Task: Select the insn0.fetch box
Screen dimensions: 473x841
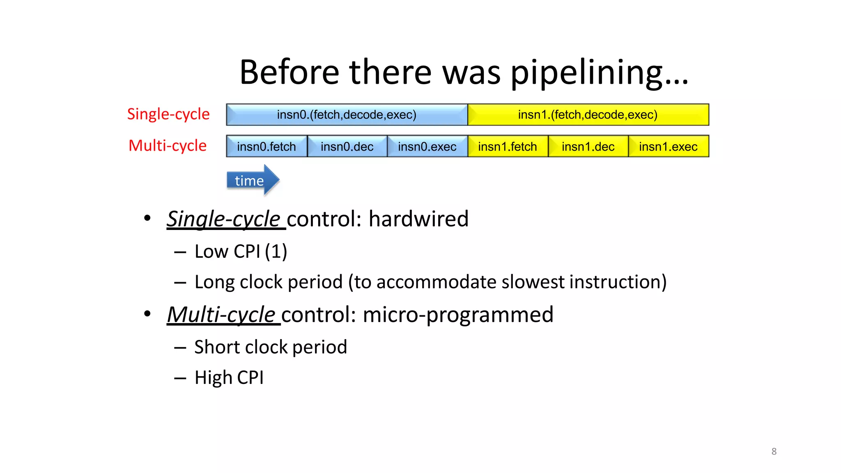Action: pos(267,147)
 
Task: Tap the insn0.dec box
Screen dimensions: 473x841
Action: pos(347,147)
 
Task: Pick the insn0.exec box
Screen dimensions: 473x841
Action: pos(427,147)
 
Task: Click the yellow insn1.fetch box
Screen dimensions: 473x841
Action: pos(508,147)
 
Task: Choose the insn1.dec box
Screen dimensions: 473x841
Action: pos(588,147)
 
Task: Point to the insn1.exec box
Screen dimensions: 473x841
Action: pos(668,147)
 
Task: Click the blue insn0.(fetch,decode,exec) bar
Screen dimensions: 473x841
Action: pos(347,115)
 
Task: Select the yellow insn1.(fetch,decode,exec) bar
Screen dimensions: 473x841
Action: pos(588,115)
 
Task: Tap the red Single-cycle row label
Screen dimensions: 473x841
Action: pos(168,114)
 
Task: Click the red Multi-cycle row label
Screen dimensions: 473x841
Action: pos(168,146)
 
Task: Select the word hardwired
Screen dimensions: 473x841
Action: pos(418,218)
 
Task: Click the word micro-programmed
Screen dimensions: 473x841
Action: pos(458,315)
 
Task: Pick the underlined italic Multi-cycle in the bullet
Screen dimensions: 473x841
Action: pos(221,315)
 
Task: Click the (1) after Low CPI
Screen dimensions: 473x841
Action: pos(276,251)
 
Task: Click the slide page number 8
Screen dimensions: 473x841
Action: pos(774,451)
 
